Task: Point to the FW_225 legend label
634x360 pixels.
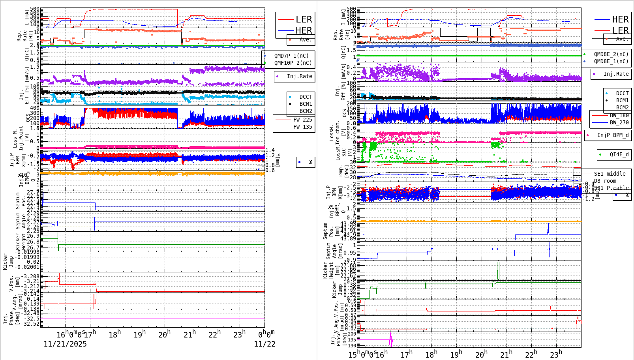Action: point(302,120)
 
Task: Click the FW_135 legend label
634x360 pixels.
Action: point(302,127)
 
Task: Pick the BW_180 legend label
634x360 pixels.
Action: point(619,115)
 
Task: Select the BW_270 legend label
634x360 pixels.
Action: point(619,122)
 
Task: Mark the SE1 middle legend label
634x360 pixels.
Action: point(610,174)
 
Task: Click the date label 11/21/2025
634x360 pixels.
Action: point(65,344)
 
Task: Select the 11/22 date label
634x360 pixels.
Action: point(264,344)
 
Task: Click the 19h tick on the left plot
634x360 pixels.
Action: point(139,334)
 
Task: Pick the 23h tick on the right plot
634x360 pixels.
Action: point(556,354)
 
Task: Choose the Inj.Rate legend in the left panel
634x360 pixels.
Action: point(299,76)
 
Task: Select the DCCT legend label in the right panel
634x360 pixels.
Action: point(622,94)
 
